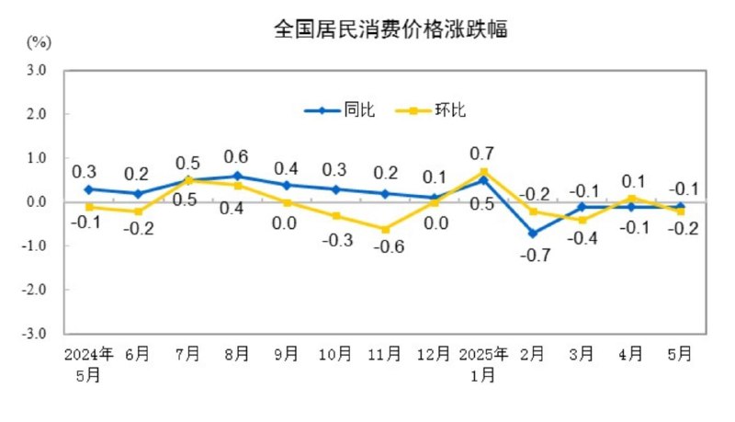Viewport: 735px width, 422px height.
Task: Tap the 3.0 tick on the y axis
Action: pos(38,70)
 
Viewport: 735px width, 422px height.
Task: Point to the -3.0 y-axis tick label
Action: pos(36,334)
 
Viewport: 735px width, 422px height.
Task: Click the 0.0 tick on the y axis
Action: pos(38,202)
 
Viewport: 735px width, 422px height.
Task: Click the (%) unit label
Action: pos(39,41)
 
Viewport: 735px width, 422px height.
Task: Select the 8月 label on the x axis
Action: pos(236,353)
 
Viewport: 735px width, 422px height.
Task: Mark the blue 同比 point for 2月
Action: pos(533,234)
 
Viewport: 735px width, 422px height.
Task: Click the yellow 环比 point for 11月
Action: pos(385,229)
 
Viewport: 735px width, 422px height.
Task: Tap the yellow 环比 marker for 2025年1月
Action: pos(483,172)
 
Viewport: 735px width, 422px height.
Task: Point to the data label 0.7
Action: pos(483,152)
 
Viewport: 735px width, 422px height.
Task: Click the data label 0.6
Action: pos(236,154)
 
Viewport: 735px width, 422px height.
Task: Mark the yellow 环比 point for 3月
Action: pos(582,220)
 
